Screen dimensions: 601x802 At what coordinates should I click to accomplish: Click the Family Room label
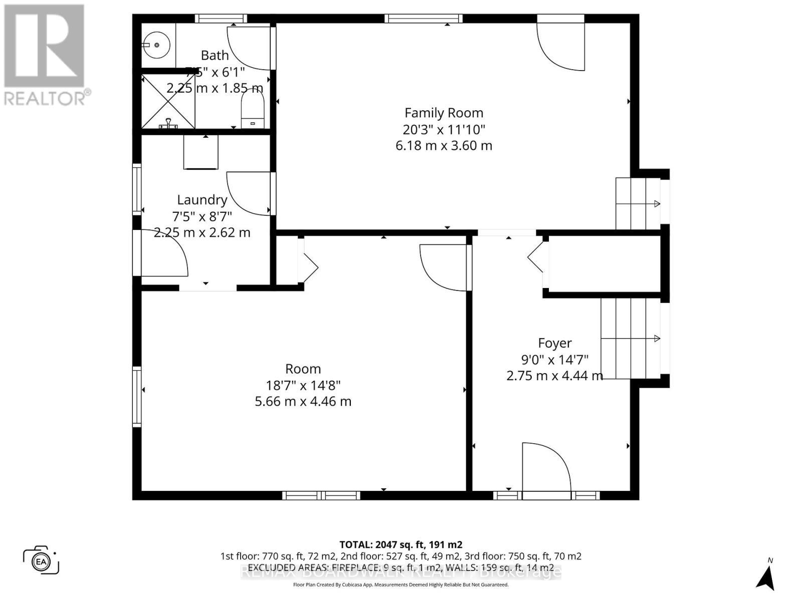pos(444,113)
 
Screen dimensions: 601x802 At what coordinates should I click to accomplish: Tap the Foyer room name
pos(554,343)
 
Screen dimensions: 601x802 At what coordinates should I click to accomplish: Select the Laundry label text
pos(202,200)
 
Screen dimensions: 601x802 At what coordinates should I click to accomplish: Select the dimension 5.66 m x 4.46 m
pos(303,402)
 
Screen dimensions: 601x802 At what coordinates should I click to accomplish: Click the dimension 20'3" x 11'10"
pos(444,130)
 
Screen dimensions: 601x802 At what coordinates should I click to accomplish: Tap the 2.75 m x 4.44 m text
pos(554,376)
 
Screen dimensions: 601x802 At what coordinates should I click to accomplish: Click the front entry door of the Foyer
pos(546,471)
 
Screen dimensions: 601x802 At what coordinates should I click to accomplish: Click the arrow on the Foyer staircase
pos(657,339)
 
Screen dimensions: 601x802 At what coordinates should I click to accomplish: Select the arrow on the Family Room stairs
pos(657,203)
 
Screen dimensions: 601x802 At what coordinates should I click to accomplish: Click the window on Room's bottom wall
pos(321,495)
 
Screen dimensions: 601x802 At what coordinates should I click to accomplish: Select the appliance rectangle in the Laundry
pos(201,152)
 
